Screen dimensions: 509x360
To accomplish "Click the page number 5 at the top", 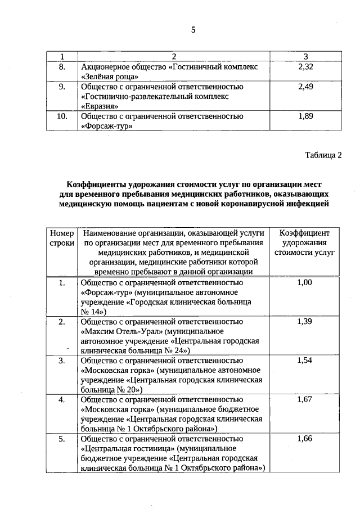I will (x=193, y=30).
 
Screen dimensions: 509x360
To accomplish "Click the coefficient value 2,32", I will (x=305, y=67).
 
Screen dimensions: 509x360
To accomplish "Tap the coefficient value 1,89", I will (x=305, y=116).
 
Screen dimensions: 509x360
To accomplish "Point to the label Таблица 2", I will (x=323, y=155).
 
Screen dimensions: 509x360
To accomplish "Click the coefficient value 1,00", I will (x=304, y=282).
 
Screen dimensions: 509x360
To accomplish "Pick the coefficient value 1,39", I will (x=304, y=321).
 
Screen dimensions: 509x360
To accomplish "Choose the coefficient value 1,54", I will (x=304, y=360).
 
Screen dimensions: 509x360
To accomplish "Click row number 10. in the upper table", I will (x=62, y=116).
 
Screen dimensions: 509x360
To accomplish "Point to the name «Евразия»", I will (x=100, y=106).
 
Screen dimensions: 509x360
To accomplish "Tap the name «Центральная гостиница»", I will (x=128, y=448).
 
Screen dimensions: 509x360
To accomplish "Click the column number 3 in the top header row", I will (x=305, y=57).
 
